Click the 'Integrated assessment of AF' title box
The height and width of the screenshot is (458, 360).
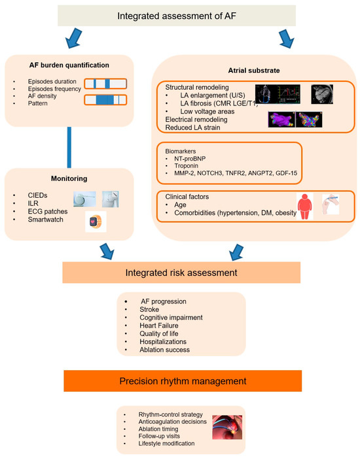[177, 16]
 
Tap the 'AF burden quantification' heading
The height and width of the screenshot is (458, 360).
[69, 65]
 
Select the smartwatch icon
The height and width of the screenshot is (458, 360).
[96, 221]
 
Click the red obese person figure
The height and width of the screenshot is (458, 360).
[305, 206]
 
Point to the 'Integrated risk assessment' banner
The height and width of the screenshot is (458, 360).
[181, 273]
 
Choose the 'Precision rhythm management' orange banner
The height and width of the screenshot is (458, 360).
[183, 381]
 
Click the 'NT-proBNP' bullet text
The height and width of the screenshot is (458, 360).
[190, 159]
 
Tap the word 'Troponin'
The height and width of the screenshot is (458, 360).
[186, 166]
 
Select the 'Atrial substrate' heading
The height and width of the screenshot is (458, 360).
[254, 70]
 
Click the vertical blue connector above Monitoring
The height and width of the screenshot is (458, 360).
[69, 147]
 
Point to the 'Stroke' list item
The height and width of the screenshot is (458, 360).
[149, 309]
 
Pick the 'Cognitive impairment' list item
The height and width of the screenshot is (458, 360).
[171, 318]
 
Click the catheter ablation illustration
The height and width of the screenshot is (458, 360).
[227, 427]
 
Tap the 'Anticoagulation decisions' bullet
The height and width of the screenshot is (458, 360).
[172, 422]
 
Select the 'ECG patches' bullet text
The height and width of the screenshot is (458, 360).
[48, 211]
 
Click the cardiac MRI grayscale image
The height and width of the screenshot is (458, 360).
[322, 94]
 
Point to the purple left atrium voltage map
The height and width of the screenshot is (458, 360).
[281, 119]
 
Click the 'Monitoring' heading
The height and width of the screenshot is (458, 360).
[69, 178]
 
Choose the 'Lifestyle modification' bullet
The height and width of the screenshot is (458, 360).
[166, 444]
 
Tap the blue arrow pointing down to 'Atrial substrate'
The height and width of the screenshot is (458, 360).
[286, 38]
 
